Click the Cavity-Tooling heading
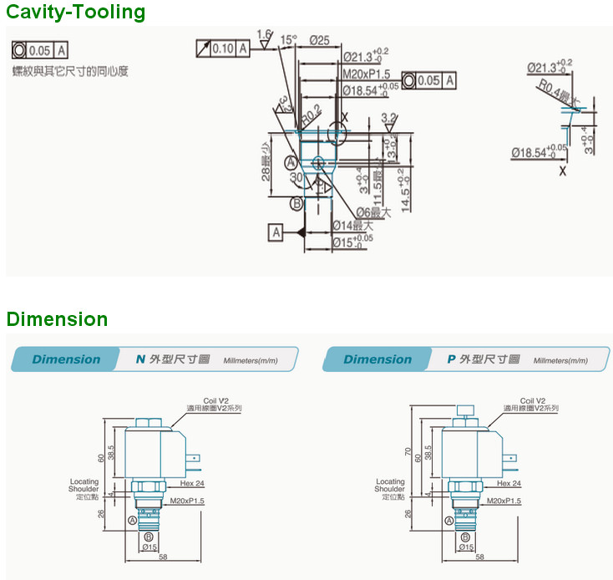(76, 13)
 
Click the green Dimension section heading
(58, 319)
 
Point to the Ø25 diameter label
(318, 39)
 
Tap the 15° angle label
(289, 39)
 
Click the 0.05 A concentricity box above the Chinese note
(40, 49)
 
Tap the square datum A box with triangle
(276, 231)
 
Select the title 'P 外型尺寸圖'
(484, 359)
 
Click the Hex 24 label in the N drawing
(192, 483)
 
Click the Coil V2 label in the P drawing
(532, 401)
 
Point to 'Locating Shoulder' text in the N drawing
(84, 486)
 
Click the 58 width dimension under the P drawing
(480, 556)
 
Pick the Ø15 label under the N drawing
(149, 547)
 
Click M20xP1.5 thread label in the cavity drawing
(367, 74)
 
